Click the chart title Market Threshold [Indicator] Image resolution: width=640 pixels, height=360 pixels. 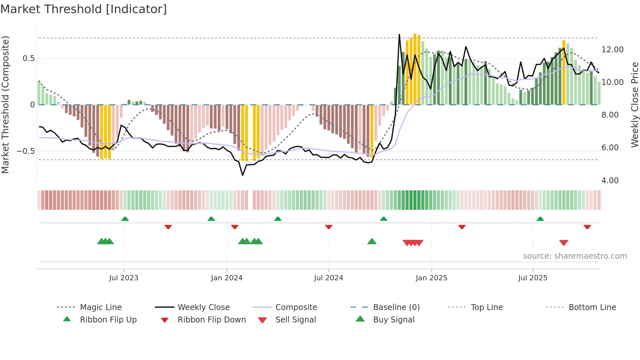84,9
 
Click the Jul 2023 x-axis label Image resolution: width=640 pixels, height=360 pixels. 124,278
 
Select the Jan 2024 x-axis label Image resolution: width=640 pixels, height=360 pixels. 227,278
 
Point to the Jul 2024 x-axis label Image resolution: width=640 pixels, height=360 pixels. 328,278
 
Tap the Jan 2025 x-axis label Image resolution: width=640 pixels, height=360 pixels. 431,278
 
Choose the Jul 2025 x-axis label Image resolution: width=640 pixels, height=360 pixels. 533,278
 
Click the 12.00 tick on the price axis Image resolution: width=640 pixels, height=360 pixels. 612,50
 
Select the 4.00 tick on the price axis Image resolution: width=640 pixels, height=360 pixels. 610,181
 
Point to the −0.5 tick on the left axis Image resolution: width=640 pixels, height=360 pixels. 26,151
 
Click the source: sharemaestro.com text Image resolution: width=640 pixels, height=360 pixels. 575,256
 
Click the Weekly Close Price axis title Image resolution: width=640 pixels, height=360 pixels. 634,105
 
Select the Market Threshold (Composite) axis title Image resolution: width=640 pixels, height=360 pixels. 5,105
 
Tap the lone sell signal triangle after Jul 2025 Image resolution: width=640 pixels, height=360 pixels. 564,243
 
